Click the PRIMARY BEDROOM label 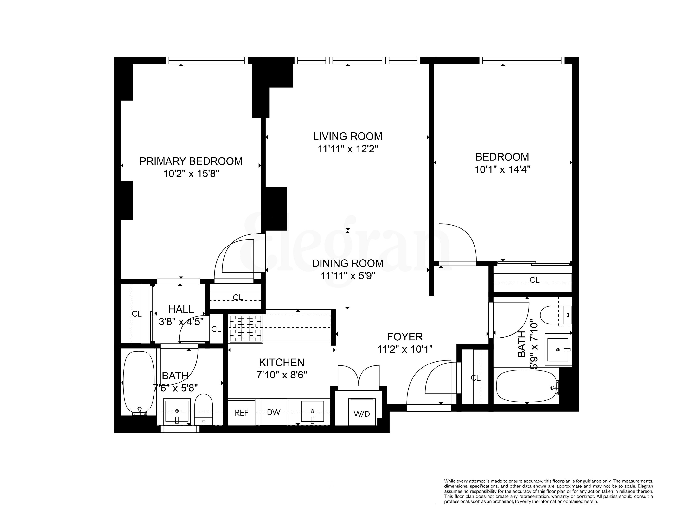[x=191, y=161]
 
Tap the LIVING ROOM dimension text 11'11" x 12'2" [x=348, y=149]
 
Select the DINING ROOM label [x=348, y=263]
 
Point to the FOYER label [x=405, y=337]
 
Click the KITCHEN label [x=281, y=362]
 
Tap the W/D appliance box [x=362, y=413]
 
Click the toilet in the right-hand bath [x=553, y=315]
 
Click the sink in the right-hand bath [x=558, y=350]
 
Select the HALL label [x=181, y=309]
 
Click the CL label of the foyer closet [x=475, y=378]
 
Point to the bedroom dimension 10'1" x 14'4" [x=502, y=169]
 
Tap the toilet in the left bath [x=203, y=408]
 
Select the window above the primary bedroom [x=206, y=60]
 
